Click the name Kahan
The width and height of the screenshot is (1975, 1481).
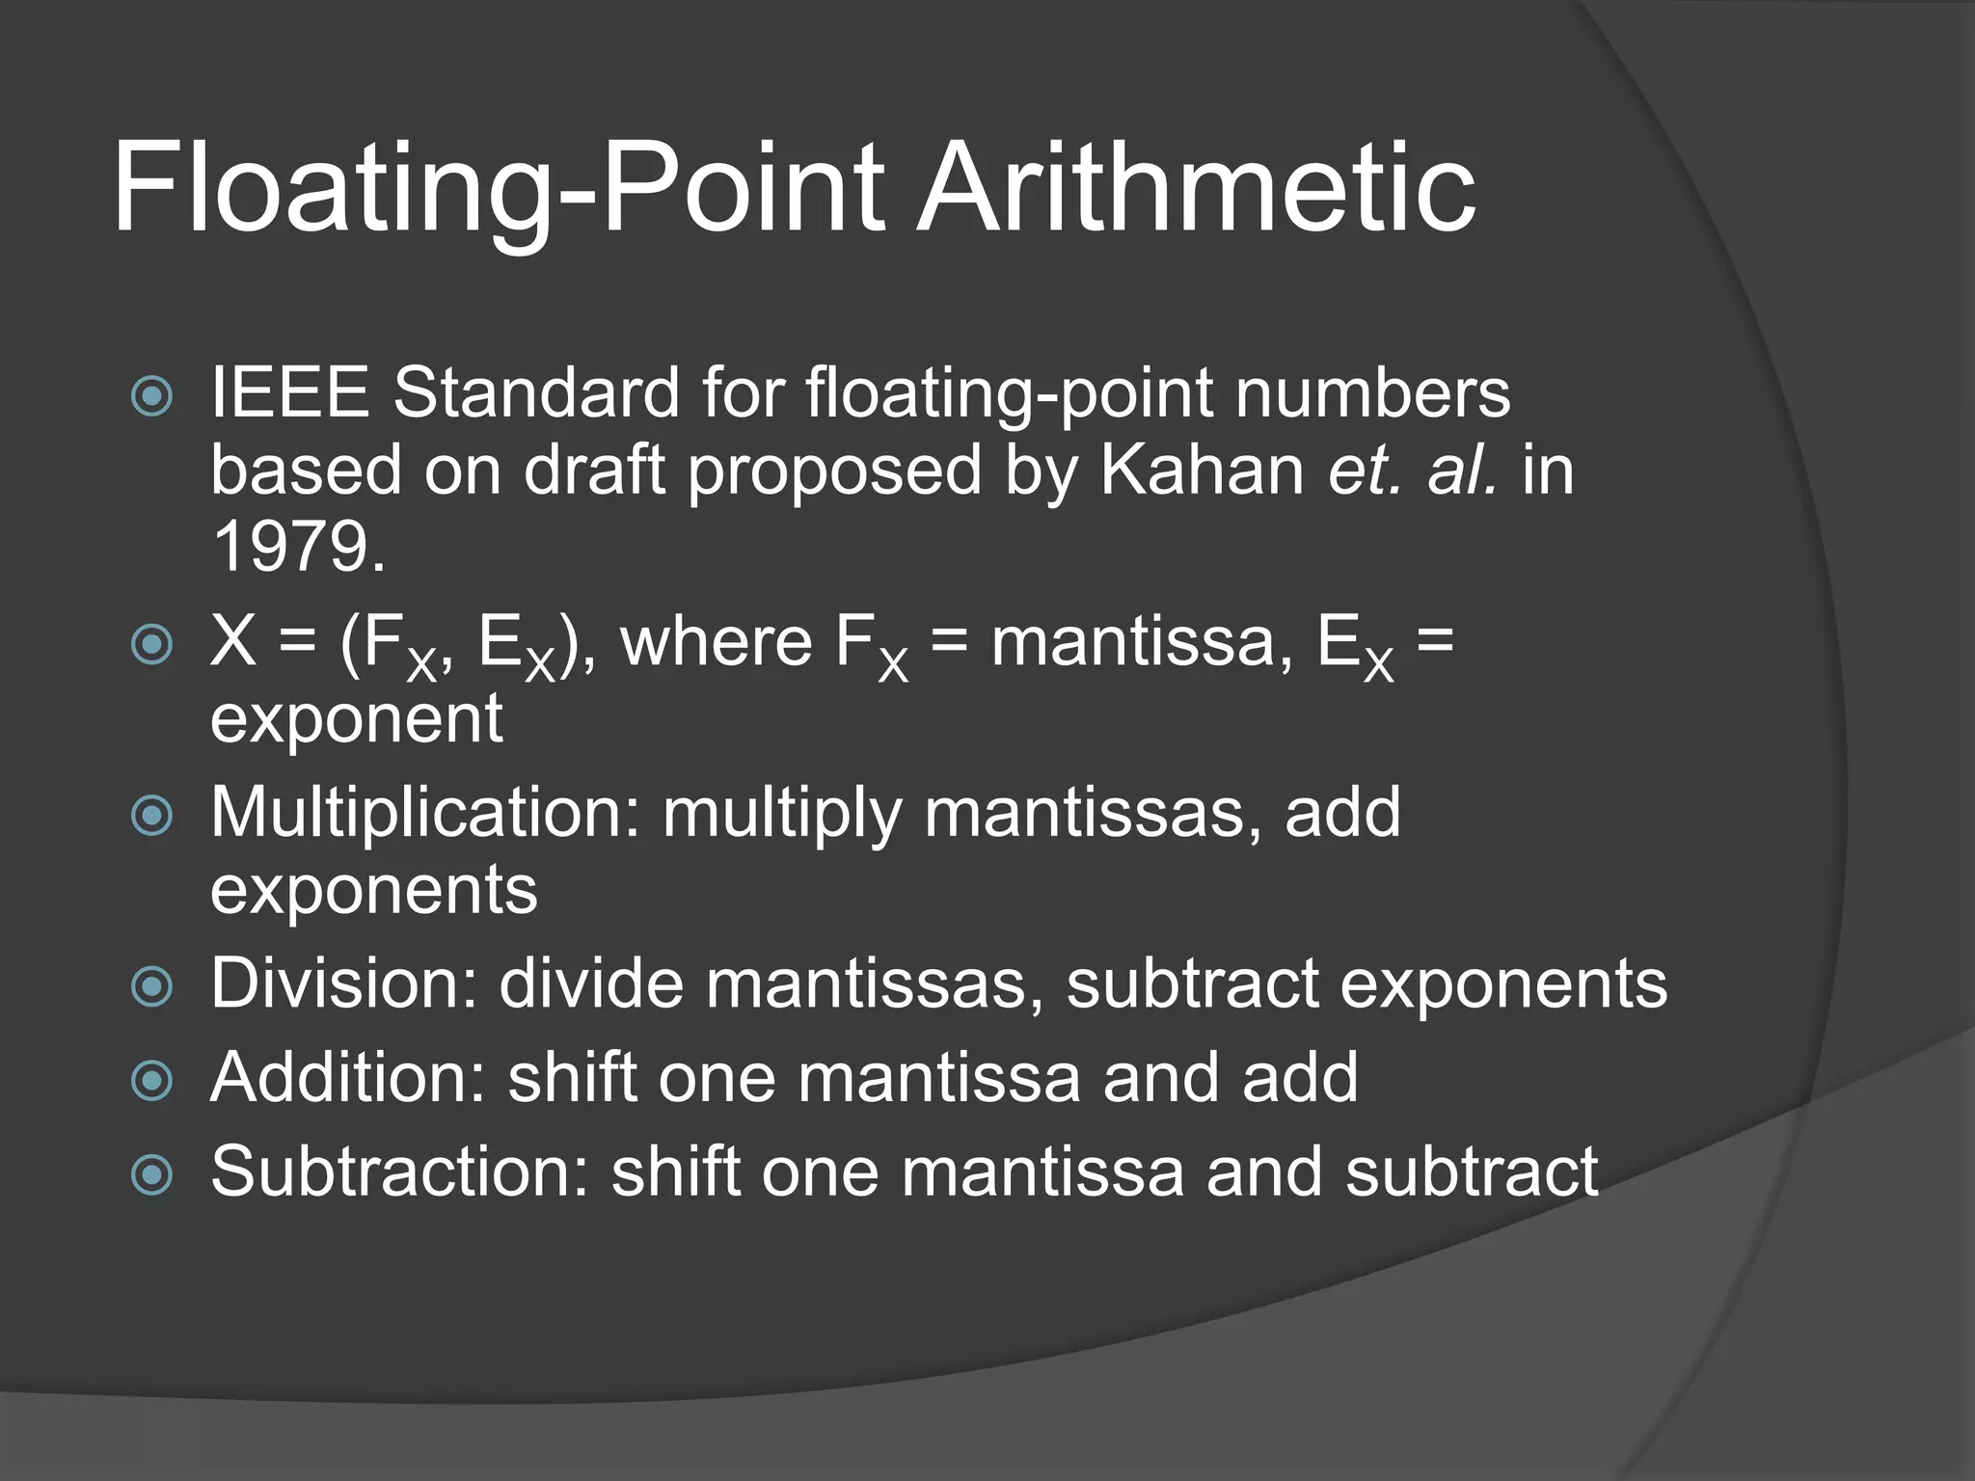[1202, 471]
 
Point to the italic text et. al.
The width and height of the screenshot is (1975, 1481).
[1414, 471]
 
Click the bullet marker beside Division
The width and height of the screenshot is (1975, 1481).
[151, 986]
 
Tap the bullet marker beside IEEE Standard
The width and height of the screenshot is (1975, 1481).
[151, 396]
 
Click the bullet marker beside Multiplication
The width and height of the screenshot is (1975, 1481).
[151, 816]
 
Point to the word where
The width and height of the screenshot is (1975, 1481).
[716, 642]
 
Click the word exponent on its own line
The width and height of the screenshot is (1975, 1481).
[356, 719]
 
